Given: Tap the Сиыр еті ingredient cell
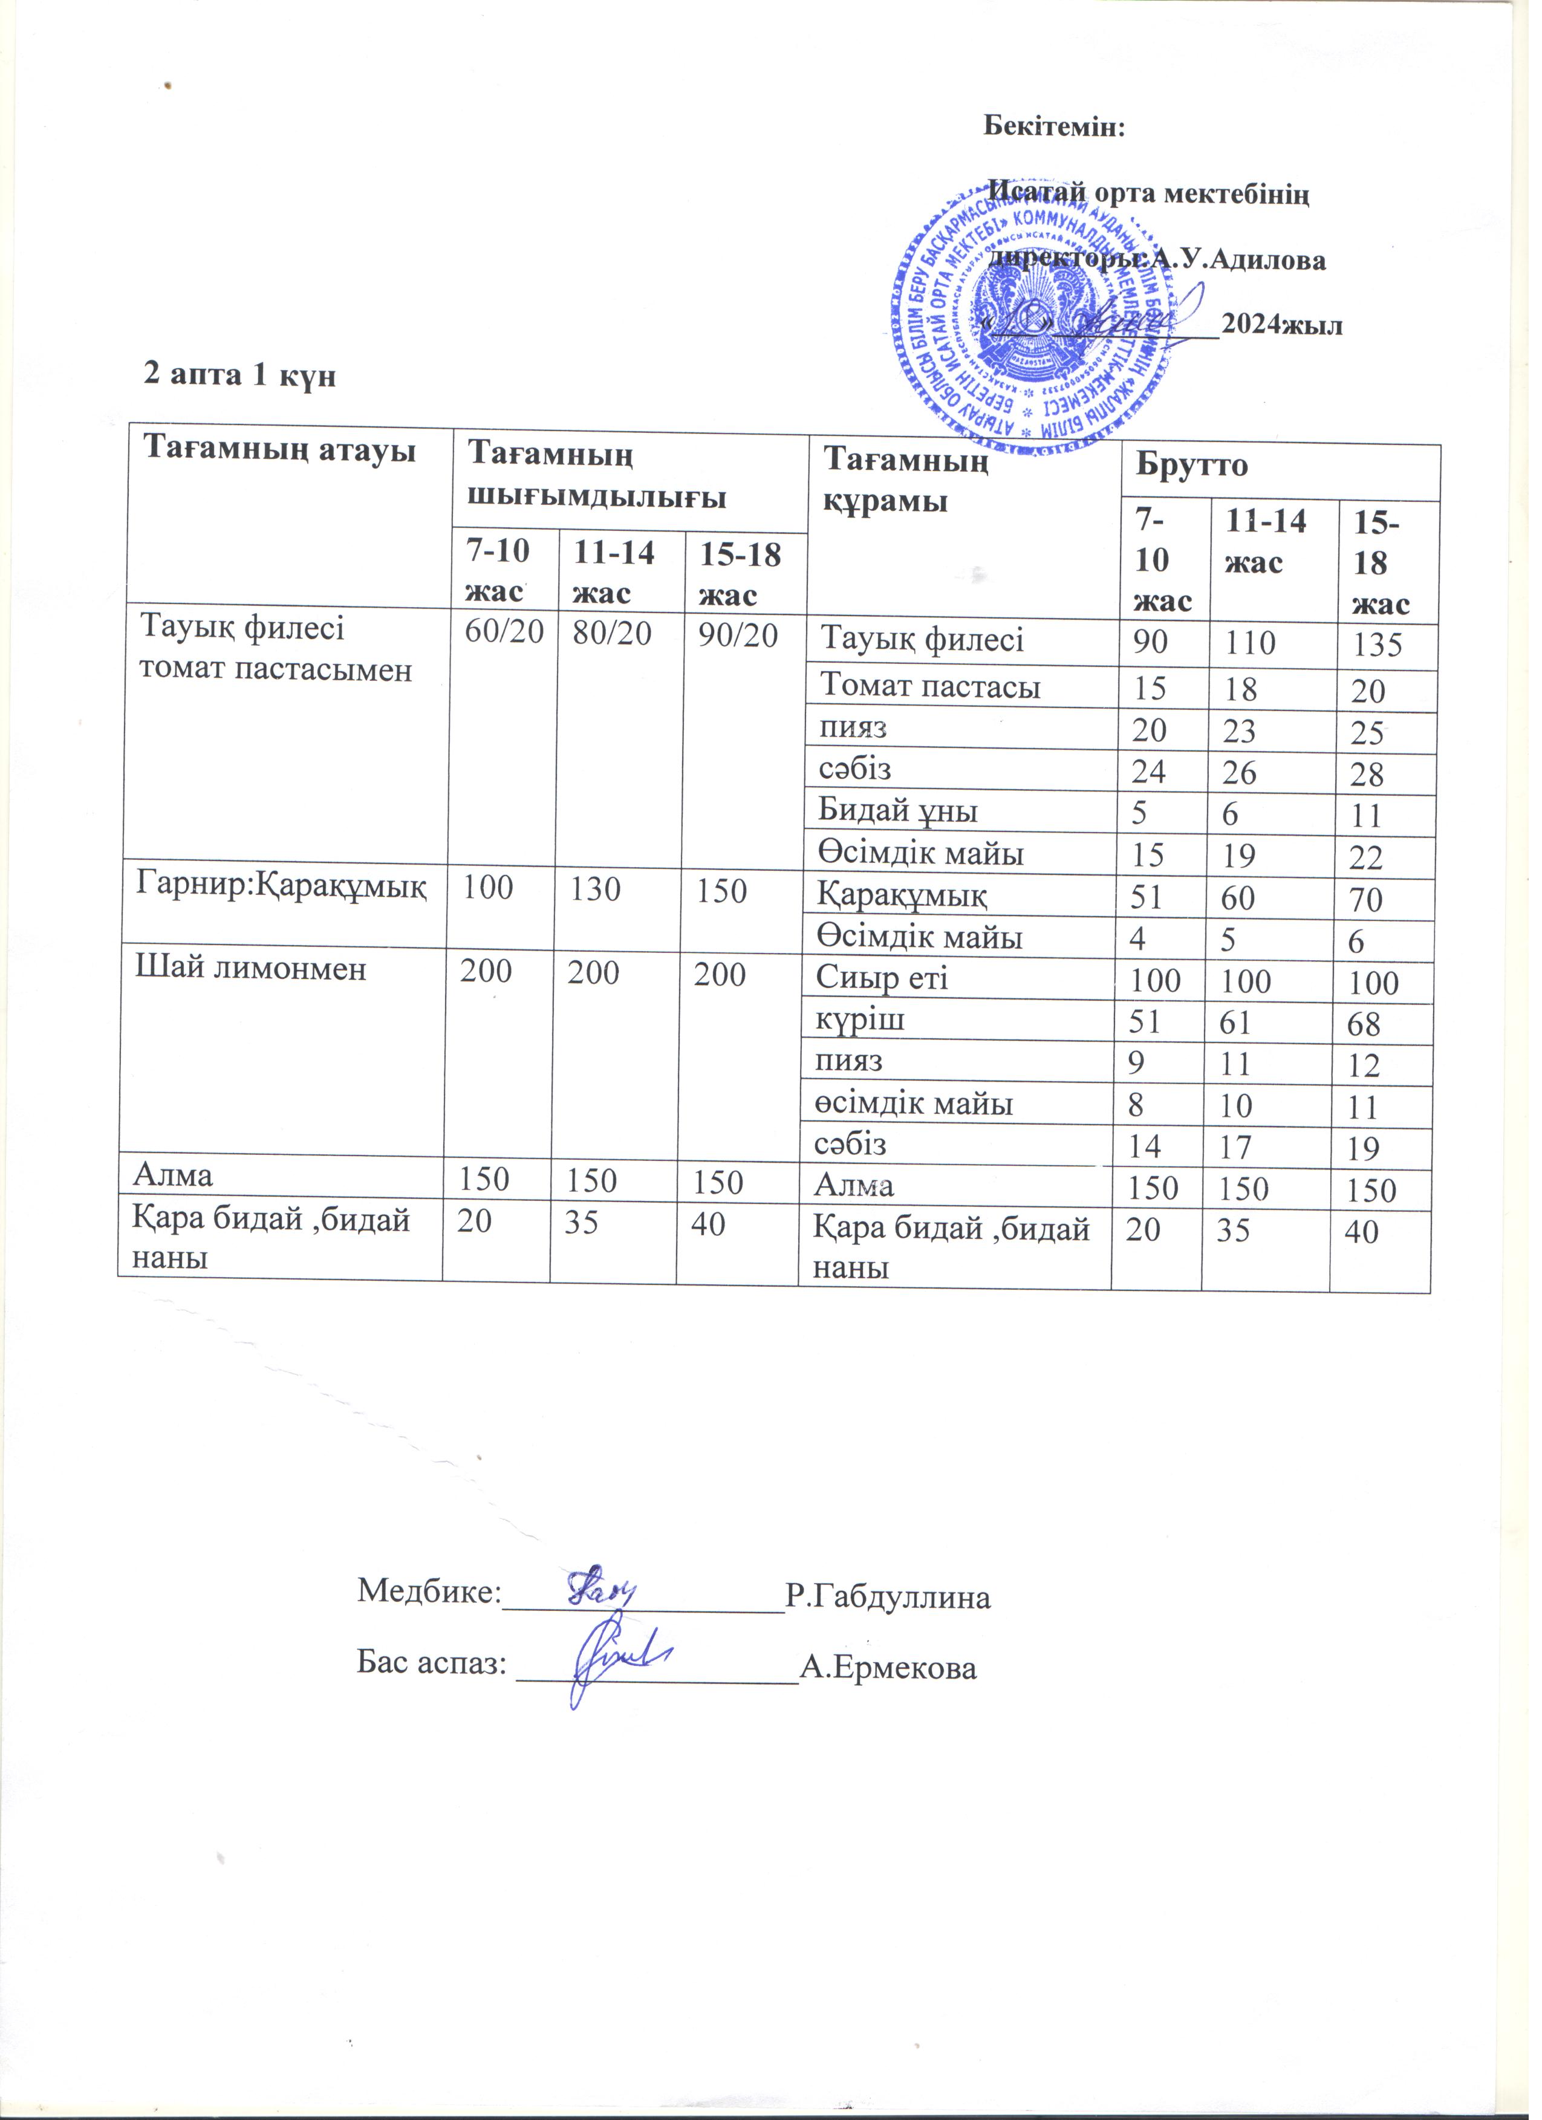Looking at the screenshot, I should tap(882, 979).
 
